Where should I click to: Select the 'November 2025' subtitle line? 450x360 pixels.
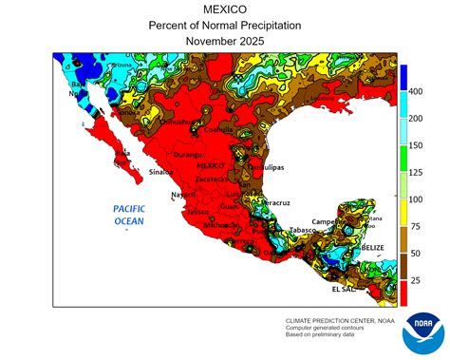coord(224,43)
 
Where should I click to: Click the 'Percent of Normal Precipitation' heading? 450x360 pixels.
coord(224,27)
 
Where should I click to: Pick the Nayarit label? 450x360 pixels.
coord(183,195)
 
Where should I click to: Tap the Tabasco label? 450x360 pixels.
coord(302,230)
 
